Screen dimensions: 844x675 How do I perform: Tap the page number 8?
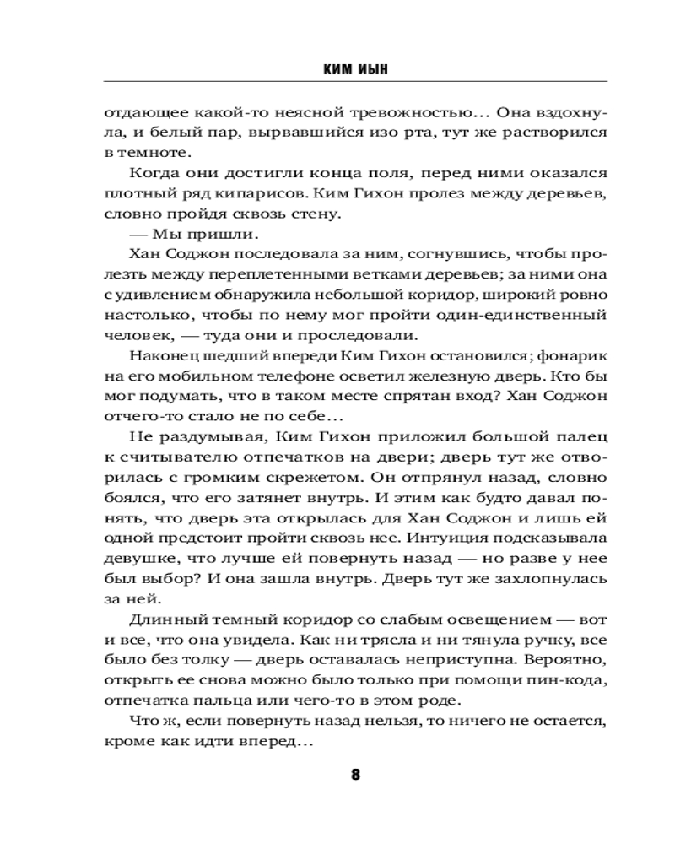(x=355, y=775)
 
